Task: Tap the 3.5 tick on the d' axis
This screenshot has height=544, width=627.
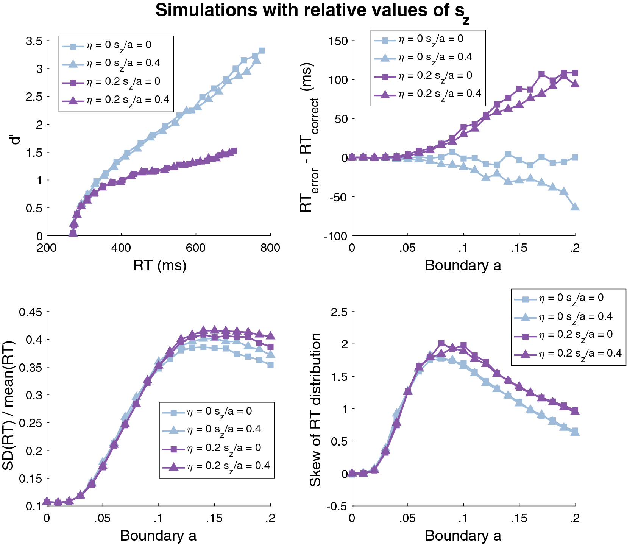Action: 34,41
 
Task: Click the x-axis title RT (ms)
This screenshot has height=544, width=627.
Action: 159,265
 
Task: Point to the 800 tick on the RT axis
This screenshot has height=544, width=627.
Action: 270,248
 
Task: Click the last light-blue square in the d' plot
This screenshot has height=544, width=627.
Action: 262,51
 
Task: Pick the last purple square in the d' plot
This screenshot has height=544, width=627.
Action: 234,151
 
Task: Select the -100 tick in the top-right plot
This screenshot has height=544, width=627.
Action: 335,236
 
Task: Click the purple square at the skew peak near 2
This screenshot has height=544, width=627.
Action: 441,343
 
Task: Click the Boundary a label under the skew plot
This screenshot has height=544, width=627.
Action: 463,535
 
